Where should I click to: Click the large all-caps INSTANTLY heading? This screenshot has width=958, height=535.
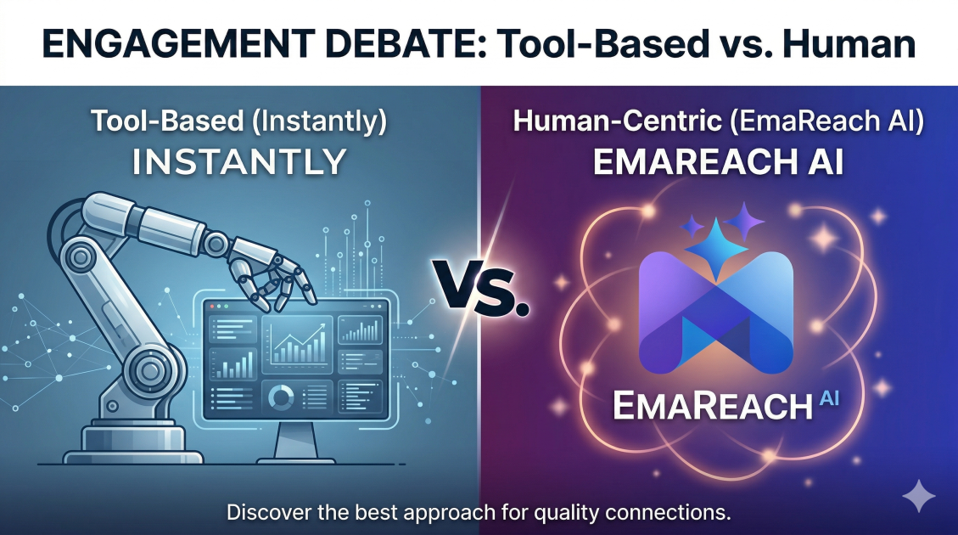tap(239, 161)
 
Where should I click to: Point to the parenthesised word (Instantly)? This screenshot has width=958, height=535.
tap(320, 121)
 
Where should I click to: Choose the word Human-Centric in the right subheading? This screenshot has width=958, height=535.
tap(617, 121)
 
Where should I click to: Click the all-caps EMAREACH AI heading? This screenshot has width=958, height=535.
tap(719, 162)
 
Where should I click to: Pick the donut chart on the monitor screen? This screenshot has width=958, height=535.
tap(281, 397)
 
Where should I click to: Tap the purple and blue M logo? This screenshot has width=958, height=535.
tap(716, 312)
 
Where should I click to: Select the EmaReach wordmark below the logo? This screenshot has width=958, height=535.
tap(713, 405)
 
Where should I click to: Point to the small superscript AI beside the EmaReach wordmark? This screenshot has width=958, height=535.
tap(828, 398)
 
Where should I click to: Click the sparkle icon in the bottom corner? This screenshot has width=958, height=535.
tap(918, 496)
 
